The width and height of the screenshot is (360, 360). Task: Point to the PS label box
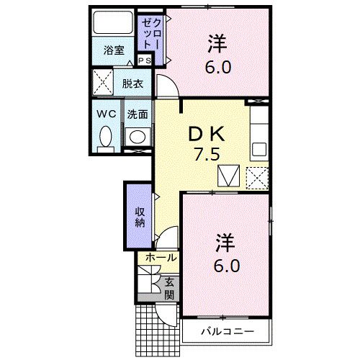144,61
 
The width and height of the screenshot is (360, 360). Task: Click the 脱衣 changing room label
132,84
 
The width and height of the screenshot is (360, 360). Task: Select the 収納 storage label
139,217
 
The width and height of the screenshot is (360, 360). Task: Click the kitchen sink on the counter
259,150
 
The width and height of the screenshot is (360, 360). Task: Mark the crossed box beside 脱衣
102,83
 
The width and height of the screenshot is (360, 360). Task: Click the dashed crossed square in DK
257,176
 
